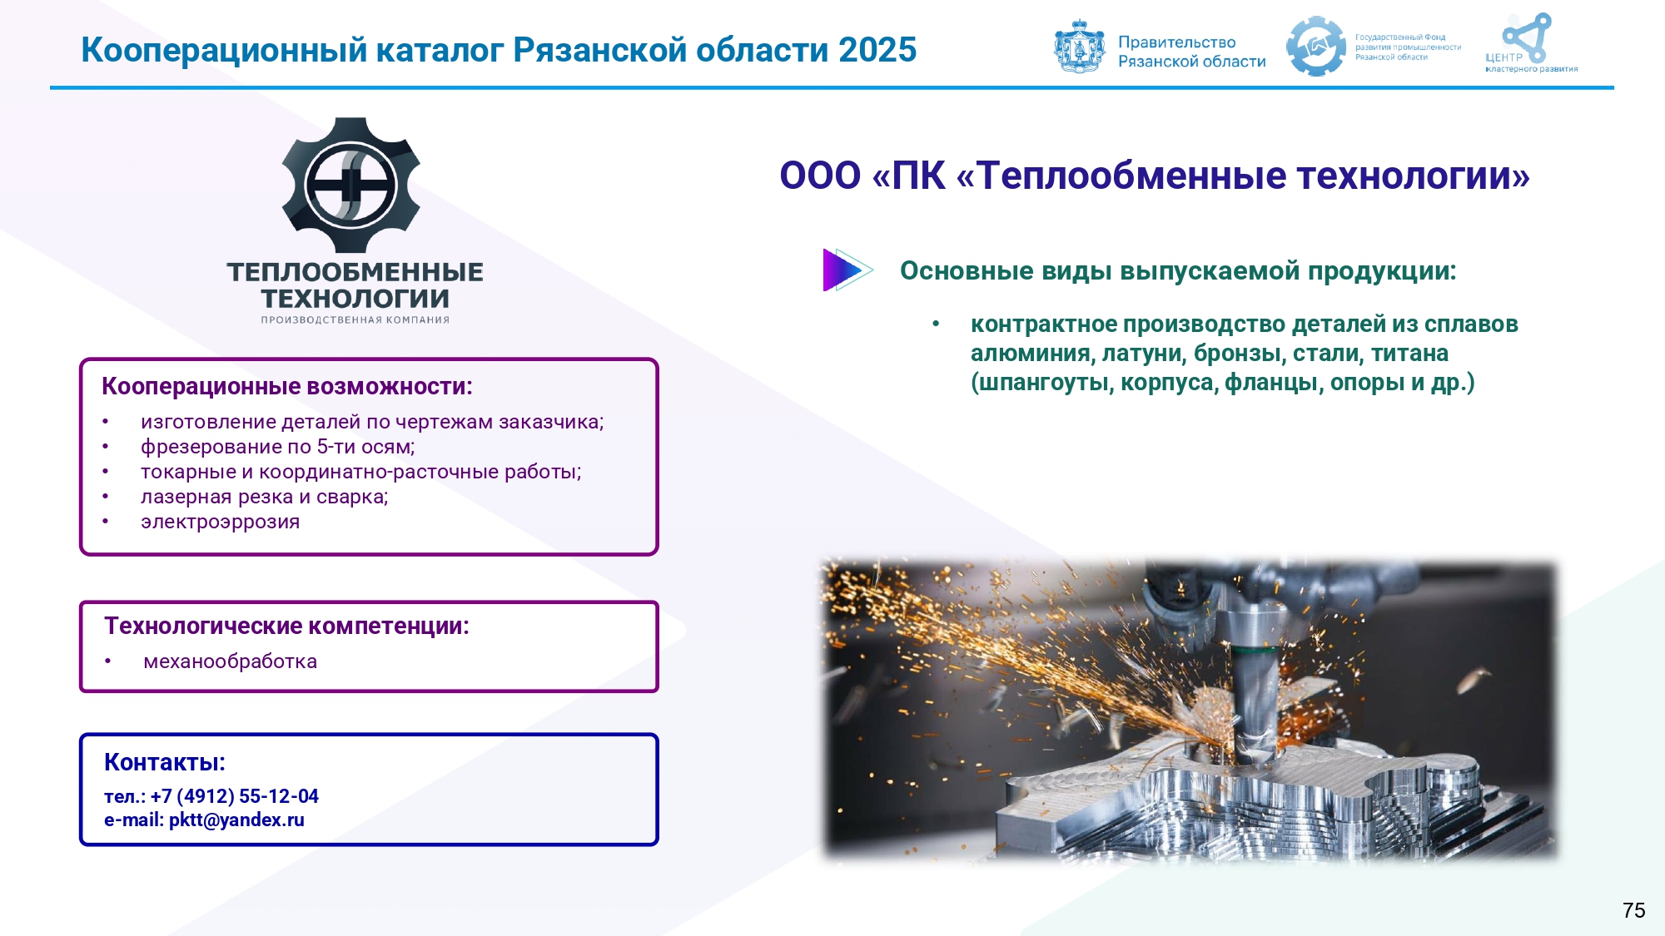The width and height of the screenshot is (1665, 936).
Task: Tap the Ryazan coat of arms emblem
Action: (1080, 47)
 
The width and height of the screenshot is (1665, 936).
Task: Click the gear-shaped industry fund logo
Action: (1315, 47)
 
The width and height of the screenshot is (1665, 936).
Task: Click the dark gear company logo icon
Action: (351, 185)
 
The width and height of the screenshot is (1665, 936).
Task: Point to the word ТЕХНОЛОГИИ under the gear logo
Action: (355, 298)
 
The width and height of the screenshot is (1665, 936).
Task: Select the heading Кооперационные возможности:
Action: (287, 386)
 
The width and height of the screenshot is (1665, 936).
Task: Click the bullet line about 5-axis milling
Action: (278, 447)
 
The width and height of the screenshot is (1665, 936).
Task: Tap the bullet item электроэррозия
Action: (221, 522)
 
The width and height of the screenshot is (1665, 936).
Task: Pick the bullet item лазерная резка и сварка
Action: (265, 497)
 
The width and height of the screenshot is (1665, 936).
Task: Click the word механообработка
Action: (231, 661)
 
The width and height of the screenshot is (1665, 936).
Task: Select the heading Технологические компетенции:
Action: (287, 626)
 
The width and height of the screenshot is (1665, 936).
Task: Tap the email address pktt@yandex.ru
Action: (236, 820)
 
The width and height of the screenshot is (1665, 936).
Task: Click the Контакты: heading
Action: (165, 762)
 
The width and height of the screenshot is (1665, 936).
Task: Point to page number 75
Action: (1634, 910)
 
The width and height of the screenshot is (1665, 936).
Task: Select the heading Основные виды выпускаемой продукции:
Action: (1178, 270)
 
